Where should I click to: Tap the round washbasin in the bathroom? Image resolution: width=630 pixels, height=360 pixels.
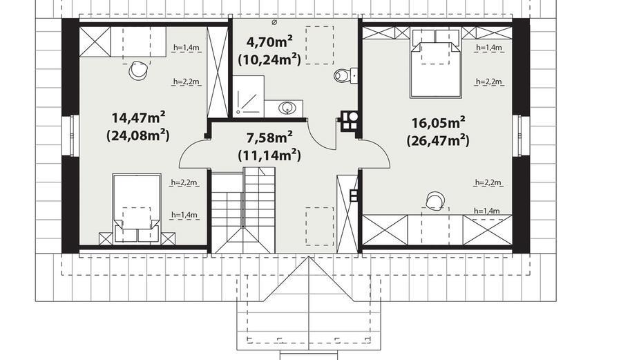click(x=287, y=107)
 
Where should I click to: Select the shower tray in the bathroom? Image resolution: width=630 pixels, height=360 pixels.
click(x=248, y=96)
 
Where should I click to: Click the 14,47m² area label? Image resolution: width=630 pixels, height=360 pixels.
click(x=139, y=117)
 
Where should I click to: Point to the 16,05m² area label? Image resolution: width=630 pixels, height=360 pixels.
click(x=439, y=122)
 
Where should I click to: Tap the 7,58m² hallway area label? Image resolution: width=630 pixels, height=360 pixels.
click(x=269, y=138)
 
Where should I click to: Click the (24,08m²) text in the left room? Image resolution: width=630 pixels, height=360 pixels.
click(x=138, y=135)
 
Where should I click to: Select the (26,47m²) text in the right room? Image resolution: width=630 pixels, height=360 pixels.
click(x=438, y=140)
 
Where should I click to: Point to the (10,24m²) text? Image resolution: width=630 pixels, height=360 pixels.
click(x=269, y=59)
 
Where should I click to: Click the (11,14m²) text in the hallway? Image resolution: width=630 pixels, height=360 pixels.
click(x=269, y=155)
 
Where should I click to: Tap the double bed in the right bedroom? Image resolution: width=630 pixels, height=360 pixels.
click(x=435, y=64)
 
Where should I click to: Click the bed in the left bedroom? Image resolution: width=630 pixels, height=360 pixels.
click(x=137, y=208)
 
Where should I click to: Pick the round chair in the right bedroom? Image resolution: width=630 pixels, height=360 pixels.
click(x=435, y=201)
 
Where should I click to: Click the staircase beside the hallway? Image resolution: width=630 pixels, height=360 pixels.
click(x=243, y=211)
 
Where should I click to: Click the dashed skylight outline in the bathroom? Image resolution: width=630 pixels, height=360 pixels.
click(x=320, y=45)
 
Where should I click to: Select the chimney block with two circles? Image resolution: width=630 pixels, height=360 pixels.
click(x=349, y=120)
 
